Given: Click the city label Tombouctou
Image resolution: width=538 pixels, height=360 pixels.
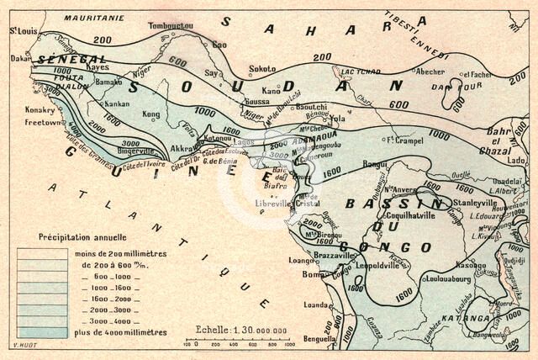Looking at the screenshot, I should pos(171,26).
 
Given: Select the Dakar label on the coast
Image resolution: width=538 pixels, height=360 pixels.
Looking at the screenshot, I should pos(20,59).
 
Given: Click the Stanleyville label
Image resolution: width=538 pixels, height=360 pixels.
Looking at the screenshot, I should pos(476,203).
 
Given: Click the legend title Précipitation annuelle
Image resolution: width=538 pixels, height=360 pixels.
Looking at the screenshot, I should pos(82,238).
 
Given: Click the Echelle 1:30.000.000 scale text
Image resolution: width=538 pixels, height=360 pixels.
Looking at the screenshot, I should pos(240,331).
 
